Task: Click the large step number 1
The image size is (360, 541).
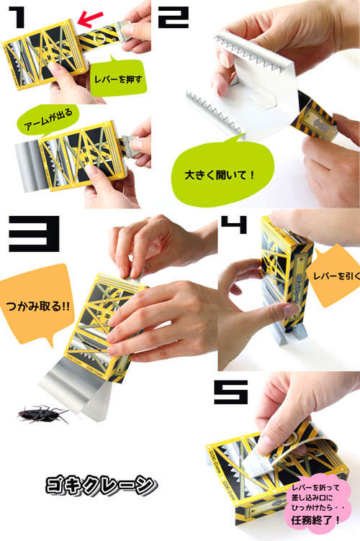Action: click(17, 17)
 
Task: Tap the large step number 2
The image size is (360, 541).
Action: click(174, 17)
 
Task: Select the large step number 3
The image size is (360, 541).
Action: click(34, 234)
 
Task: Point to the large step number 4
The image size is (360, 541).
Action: click(235, 224)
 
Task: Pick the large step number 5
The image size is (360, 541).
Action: click(231, 392)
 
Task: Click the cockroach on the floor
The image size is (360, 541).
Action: click(42, 414)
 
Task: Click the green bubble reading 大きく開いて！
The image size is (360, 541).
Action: click(221, 171)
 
